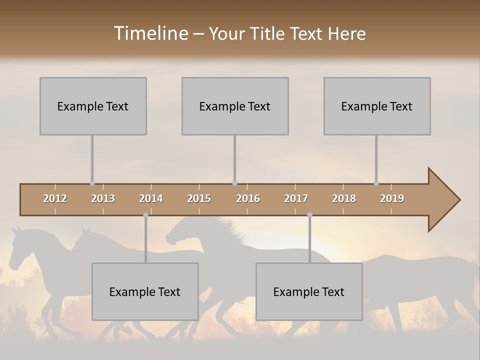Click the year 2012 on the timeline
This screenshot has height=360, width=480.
pos(55,198)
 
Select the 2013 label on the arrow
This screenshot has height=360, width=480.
pos(103,198)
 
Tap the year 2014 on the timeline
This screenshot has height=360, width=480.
pos(151,198)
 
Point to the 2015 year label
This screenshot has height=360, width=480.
pos(199,198)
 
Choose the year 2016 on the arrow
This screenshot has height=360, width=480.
pos(248,198)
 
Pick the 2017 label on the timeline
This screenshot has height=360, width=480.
pos(296,198)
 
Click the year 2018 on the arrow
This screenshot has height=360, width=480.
pos(344,198)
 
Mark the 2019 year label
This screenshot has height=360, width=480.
pos(392,198)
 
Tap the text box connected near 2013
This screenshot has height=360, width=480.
pos(93,106)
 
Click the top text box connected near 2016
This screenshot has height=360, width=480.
pos(235,106)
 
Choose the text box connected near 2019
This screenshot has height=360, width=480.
pos(377,106)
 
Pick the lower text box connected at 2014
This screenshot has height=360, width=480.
pos(145,291)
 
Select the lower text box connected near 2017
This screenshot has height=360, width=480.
pos(309,291)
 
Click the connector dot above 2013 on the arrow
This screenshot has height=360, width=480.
pos(92,183)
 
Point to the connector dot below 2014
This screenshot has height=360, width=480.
pos(145,215)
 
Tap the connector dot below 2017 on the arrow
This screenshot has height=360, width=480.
pos(309,215)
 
